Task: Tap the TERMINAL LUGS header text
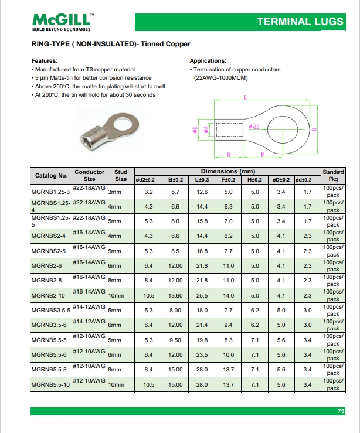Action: (300, 22)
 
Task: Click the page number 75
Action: (341, 411)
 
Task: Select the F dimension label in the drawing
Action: (261, 154)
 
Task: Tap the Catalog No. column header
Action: (51, 176)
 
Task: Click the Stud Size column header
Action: (121, 176)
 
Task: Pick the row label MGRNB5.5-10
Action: (50, 384)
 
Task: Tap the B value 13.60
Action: (176, 296)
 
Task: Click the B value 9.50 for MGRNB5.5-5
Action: (176, 340)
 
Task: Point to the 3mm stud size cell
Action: (114, 192)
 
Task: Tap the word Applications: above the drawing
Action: (208, 61)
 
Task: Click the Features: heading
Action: (44, 61)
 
